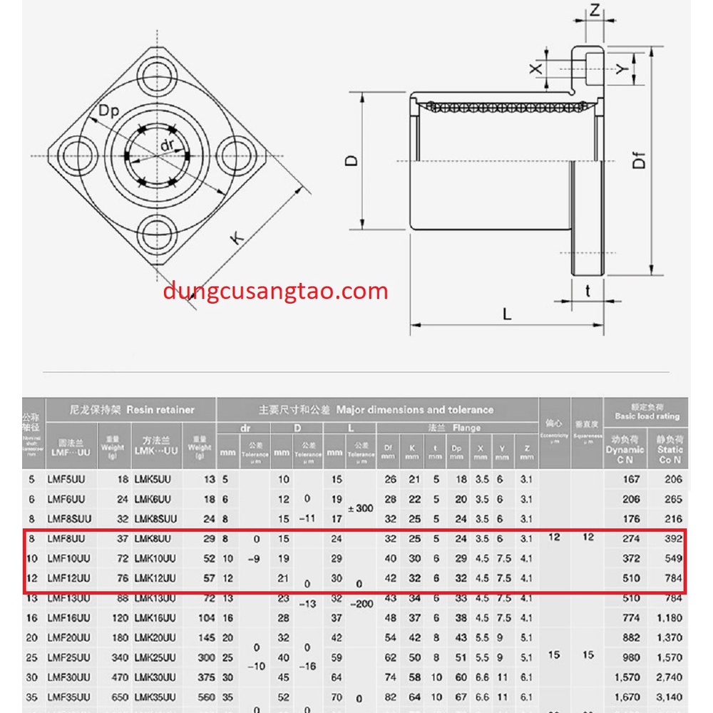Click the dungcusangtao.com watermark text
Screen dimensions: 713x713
click(275, 291)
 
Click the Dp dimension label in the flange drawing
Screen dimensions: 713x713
click(108, 111)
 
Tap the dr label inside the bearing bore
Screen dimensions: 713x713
click(168, 145)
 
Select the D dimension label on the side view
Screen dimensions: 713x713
click(351, 161)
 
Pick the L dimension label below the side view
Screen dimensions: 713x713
click(507, 314)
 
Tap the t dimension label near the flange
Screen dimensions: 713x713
click(588, 290)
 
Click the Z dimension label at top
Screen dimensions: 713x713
click(595, 9)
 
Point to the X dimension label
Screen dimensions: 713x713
click(536, 68)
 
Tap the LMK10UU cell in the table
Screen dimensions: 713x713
click(155, 558)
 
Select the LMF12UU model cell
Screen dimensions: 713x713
click(68, 578)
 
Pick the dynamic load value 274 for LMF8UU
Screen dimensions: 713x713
click(631, 538)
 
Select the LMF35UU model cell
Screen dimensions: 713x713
click(68, 697)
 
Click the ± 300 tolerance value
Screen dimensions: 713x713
click(361, 509)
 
